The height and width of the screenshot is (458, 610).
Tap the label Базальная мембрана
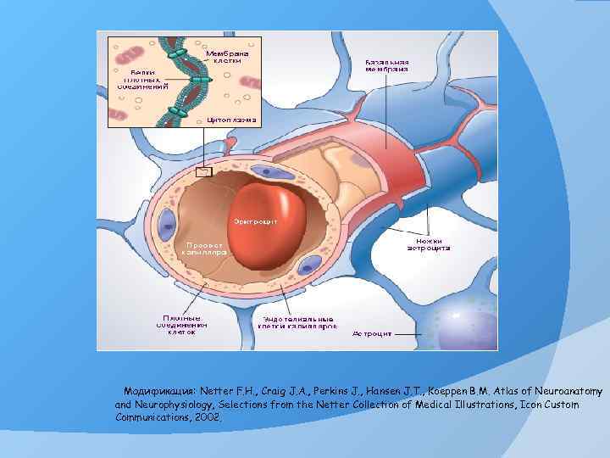pos(387,66)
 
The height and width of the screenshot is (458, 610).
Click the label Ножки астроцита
pos(429,244)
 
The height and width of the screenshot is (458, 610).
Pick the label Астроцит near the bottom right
pos(372,334)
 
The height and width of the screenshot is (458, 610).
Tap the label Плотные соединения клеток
pos(177,325)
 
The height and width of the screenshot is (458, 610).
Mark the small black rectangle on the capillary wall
pos(204,172)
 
